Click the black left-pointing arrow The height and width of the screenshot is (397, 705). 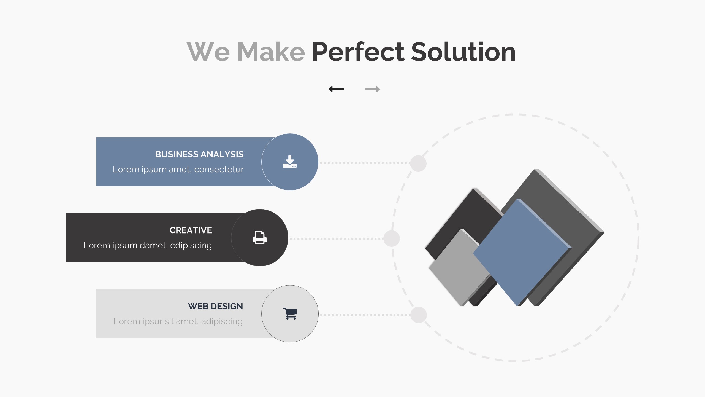(336, 89)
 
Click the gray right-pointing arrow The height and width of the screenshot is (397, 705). (372, 89)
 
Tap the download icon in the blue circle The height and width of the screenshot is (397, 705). (290, 162)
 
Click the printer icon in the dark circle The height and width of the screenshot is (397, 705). (260, 238)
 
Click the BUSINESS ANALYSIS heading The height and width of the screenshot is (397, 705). (199, 154)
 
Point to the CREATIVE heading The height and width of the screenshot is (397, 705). (191, 230)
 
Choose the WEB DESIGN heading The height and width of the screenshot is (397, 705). (215, 306)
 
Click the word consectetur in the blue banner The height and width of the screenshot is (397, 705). (219, 169)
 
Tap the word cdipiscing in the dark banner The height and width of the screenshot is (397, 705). (191, 245)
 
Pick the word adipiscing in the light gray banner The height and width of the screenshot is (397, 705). (222, 321)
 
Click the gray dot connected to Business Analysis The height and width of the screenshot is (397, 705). (418, 163)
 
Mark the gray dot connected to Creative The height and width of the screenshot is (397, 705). (392, 238)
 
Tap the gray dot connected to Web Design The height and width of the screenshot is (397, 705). (419, 315)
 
